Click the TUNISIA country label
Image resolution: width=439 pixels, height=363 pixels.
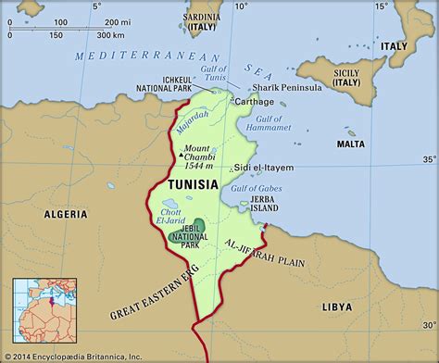tap(193, 184)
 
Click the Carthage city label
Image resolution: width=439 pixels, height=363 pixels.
tap(256, 100)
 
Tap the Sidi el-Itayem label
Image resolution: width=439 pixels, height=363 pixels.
tap(263, 168)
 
